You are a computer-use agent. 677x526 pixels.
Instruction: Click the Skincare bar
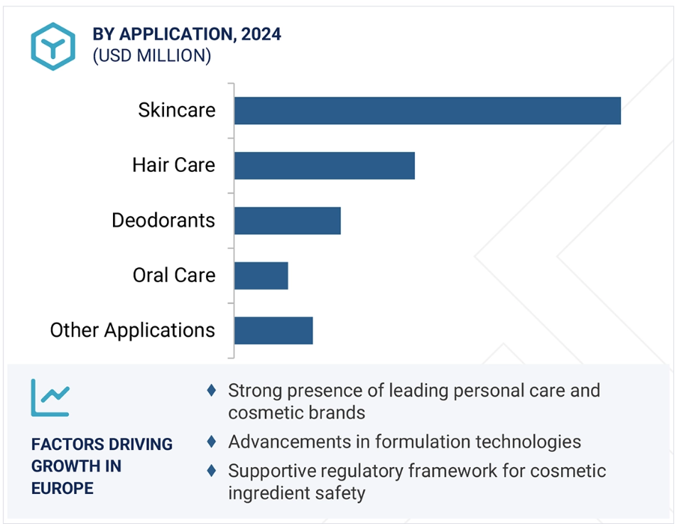(428, 111)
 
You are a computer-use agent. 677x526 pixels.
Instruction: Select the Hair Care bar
(325, 166)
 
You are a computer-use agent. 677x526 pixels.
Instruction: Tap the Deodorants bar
(288, 220)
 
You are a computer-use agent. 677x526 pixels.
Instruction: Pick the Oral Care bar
(261, 276)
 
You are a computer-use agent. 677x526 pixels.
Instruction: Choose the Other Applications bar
(273, 331)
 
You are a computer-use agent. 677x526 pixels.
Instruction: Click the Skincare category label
(177, 110)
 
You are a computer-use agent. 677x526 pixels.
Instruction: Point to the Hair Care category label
(173, 165)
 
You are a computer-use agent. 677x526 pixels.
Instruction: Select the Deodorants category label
(163, 220)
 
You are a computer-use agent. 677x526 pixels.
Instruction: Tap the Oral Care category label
(174, 275)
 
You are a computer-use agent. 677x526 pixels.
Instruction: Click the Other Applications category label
(133, 331)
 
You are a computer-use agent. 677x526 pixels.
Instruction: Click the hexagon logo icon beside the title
(53, 46)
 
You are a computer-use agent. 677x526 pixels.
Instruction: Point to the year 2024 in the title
(261, 34)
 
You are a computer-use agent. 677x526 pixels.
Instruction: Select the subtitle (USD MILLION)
(152, 55)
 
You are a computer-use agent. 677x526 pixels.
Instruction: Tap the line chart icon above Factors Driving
(50, 398)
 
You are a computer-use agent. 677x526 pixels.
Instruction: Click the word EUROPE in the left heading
(63, 488)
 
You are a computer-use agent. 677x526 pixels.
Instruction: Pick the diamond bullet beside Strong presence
(212, 390)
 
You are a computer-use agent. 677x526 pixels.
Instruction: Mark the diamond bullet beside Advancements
(212, 441)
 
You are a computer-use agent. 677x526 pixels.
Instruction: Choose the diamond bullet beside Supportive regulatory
(212, 471)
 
